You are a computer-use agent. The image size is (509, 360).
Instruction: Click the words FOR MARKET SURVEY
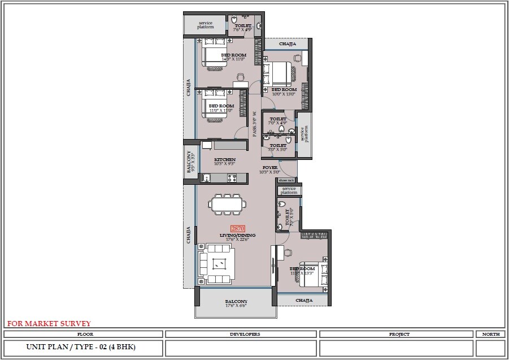pos(49,324)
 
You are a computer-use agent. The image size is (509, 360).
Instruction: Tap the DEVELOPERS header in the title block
pos(241,334)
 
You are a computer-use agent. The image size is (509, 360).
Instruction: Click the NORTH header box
pos(490,334)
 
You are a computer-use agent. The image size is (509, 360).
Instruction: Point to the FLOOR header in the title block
pos(84,334)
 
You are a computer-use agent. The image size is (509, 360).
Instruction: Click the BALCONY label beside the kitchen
pos(190,162)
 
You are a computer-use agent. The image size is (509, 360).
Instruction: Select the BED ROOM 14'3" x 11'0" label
pos(233,57)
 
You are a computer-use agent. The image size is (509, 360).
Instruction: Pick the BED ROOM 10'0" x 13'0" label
pos(284,92)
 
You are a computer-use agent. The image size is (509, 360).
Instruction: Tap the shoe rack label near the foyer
pos(286,180)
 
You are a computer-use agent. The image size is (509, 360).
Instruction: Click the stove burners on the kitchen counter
pos(232,178)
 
